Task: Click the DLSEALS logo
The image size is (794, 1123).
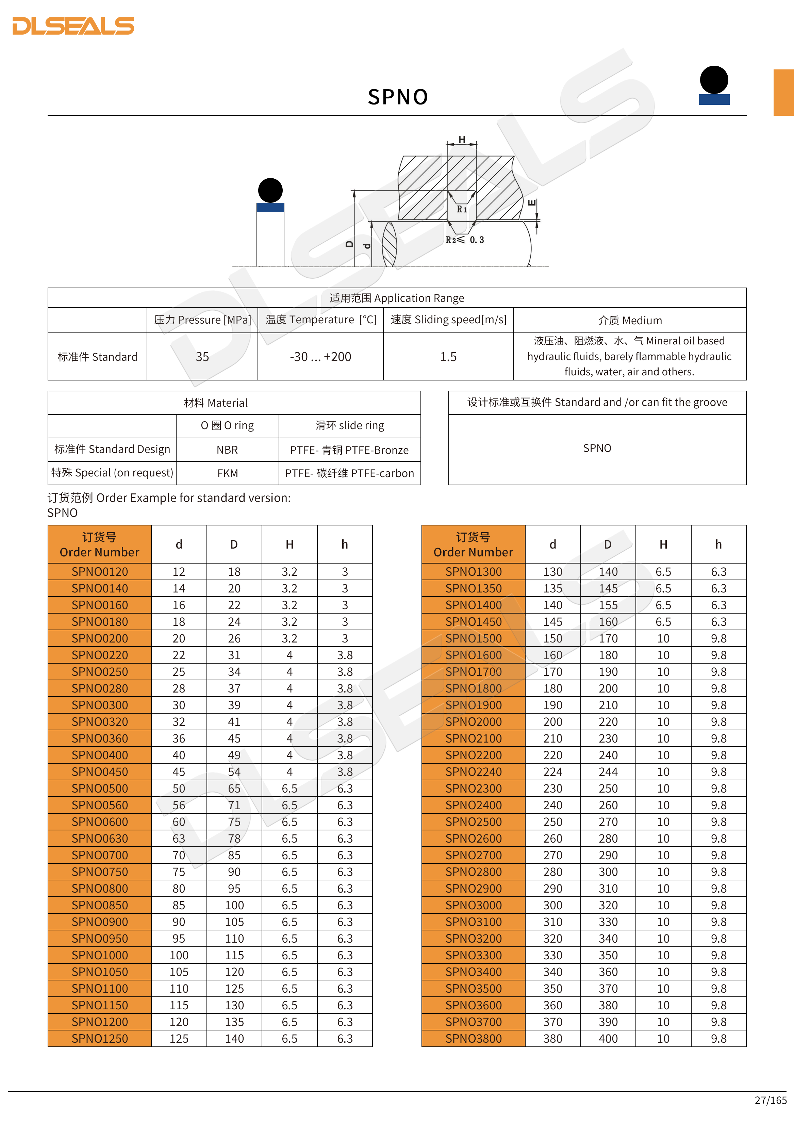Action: coord(73,26)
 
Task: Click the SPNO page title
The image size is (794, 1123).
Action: coord(397,97)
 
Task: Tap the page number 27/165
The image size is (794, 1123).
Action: coord(770,1100)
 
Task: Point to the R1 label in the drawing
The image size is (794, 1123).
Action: coord(462,209)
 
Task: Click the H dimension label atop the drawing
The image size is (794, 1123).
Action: coord(462,140)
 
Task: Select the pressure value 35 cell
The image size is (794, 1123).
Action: coord(202,357)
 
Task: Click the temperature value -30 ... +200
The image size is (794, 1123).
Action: coord(320,357)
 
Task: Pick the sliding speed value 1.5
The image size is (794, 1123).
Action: coord(448,357)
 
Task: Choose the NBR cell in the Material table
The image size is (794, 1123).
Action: coord(227,450)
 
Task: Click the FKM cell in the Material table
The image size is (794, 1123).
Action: coord(227,473)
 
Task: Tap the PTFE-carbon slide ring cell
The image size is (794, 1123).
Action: coord(350,473)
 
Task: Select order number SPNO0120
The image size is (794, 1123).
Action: coord(100,571)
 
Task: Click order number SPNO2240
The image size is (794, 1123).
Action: coord(473,771)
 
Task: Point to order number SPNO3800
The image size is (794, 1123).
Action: coord(473,1038)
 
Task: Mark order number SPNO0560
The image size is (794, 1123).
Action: coord(100,805)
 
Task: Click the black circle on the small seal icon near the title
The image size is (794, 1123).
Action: coord(714,79)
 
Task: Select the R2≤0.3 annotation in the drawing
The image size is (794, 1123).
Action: coord(464,240)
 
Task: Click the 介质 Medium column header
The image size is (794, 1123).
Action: coord(630,320)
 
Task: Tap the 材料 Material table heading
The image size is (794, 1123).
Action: coord(216,403)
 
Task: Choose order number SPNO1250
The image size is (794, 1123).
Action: coord(100,1038)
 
